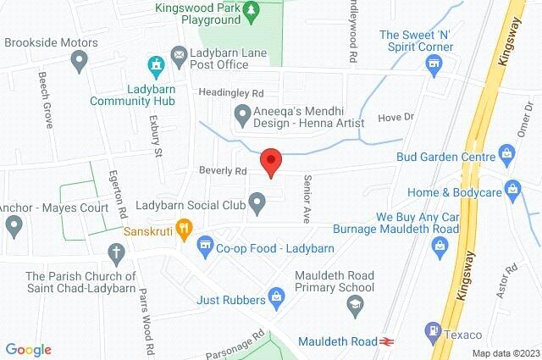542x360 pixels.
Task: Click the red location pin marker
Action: [270, 160]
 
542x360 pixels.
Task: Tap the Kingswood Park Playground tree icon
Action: [252, 9]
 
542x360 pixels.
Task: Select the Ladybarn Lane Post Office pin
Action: [179, 56]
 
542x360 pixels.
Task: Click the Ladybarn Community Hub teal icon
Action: [155, 64]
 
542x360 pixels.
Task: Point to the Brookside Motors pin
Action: [80, 59]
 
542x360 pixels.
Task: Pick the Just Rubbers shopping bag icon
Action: [276, 296]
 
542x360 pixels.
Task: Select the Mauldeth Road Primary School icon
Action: [357, 304]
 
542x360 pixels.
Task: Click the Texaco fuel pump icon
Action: [434, 331]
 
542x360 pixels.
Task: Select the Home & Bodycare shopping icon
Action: [511, 187]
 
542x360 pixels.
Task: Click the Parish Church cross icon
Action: [116, 252]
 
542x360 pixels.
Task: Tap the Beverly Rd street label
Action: [222, 170]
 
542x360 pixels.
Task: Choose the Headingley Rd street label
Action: [231, 92]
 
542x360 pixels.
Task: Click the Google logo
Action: [28, 350]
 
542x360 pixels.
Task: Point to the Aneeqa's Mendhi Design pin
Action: [241, 113]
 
